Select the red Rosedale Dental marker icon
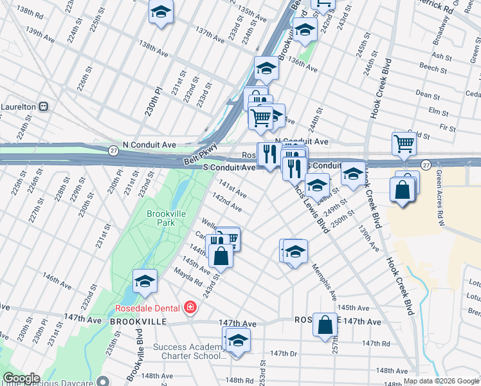[x=189, y=308]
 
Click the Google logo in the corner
[x=21, y=379]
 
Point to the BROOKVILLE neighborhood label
[x=138, y=321]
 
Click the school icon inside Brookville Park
[x=145, y=281]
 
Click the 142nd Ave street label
[x=228, y=205]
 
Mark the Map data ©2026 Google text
[x=441, y=381]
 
